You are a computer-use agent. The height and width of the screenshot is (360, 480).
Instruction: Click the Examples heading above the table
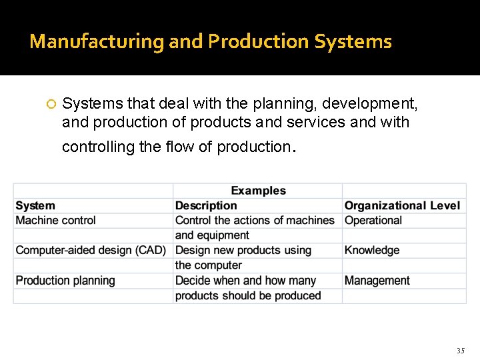(x=258, y=191)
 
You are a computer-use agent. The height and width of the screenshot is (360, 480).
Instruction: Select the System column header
(x=35, y=205)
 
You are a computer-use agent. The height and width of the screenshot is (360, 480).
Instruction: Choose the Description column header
(x=206, y=205)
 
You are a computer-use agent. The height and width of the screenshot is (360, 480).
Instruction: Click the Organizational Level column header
(x=402, y=205)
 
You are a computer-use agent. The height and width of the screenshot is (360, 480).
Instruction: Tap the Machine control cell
(x=56, y=220)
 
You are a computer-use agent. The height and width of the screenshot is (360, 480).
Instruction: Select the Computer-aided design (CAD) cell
(x=91, y=250)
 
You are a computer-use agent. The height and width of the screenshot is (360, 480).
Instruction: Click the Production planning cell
(x=65, y=281)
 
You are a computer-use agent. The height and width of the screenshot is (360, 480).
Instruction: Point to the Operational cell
(x=373, y=220)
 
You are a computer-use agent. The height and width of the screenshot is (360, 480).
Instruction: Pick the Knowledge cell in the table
(x=372, y=250)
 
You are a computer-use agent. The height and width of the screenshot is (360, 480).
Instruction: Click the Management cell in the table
(x=377, y=281)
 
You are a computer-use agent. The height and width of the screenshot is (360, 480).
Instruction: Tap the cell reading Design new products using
(x=243, y=250)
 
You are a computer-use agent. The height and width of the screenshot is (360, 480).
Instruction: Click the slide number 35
(x=460, y=351)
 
